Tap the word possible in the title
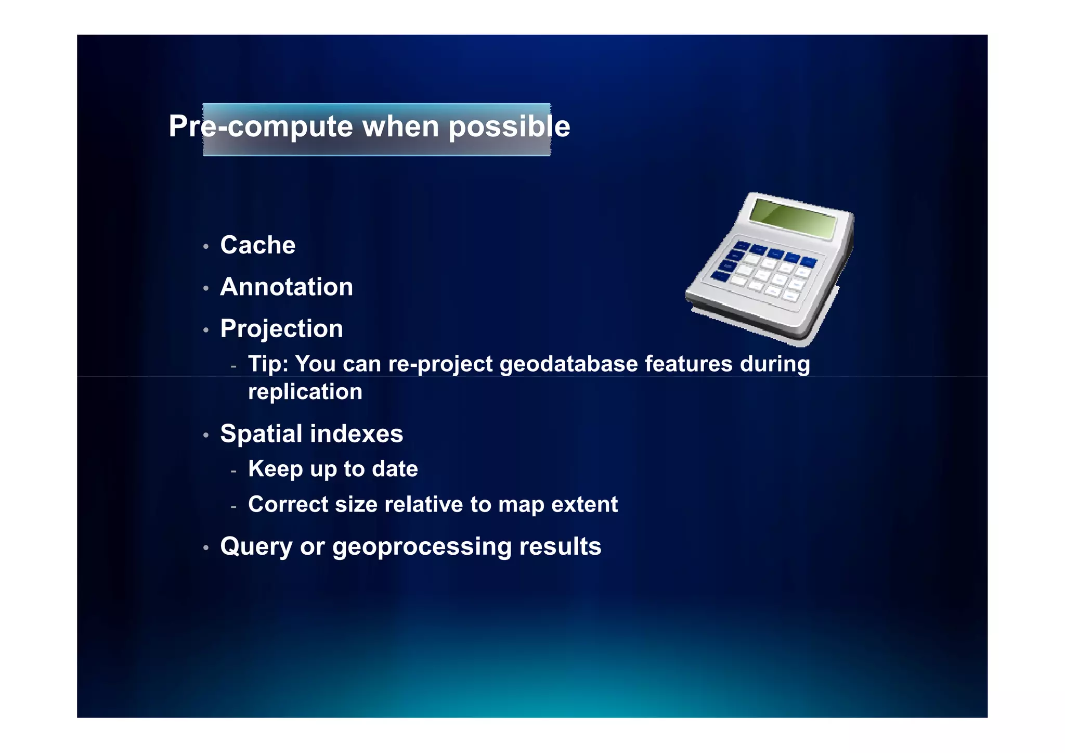509,126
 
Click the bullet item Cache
257,245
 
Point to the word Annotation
287,287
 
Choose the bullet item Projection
281,329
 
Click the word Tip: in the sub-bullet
268,364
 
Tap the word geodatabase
568,364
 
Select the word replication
305,392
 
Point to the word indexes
356,433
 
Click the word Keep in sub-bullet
275,469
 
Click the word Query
256,547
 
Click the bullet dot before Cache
206,247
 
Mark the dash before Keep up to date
234,471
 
